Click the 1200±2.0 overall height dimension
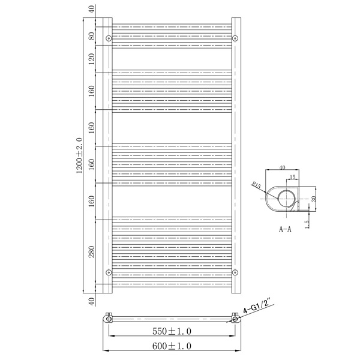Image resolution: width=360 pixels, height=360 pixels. [79, 155]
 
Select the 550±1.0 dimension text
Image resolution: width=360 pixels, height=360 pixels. [172, 331]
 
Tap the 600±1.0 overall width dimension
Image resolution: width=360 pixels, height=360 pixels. [172, 346]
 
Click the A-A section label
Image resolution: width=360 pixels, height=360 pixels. [285, 229]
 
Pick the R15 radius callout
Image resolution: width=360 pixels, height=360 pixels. [256, 185]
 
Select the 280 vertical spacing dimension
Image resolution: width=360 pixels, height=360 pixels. [92, 251]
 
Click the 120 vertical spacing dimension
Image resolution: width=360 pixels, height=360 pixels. [92, 59]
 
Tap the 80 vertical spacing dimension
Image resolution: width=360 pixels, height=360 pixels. [92, 36]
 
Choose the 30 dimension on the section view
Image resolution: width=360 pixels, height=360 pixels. [314, 199]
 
